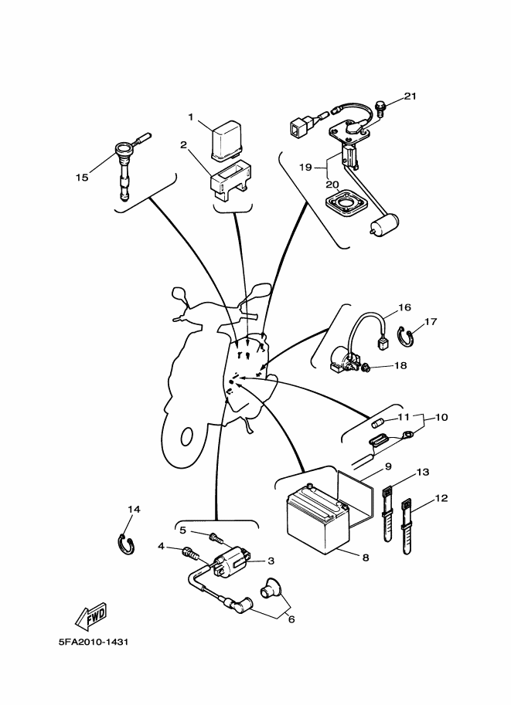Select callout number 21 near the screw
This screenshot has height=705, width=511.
[410, 97]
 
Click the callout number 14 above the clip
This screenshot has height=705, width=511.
[134, 510]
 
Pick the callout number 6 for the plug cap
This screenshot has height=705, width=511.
[291, 619]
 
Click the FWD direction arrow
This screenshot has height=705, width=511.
[91, 615]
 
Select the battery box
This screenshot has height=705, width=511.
[317, 516]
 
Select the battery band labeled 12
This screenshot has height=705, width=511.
[408, 531]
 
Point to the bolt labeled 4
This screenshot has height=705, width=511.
[189, 552]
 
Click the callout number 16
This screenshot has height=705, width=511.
[404, 307]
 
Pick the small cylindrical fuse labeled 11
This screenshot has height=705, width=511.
[380, 422]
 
